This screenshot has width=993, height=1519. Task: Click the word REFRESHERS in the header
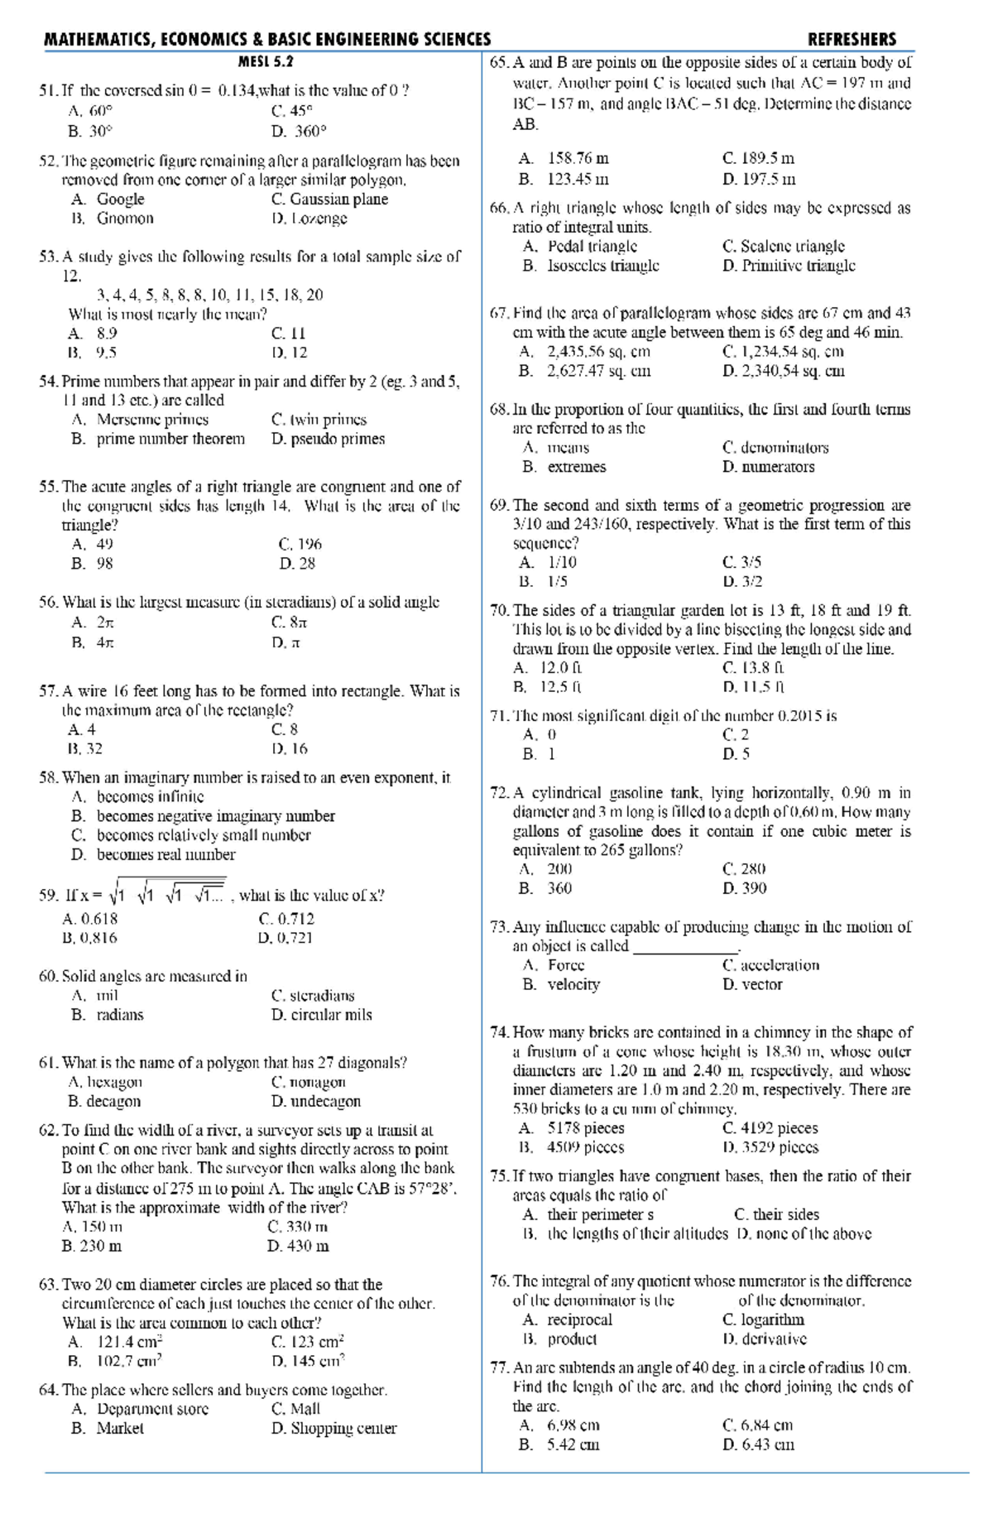851,39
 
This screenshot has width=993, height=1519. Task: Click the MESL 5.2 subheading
265,61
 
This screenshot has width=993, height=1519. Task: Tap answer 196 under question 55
309,544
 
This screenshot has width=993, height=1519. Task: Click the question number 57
48,691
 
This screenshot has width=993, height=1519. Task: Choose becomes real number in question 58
165,854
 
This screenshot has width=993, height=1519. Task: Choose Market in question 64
120,1428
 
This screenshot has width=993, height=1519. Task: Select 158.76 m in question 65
578,158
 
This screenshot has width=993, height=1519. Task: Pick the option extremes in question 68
576,467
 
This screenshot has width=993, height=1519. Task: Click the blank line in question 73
685,946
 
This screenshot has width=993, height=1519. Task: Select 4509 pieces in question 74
585,1147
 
